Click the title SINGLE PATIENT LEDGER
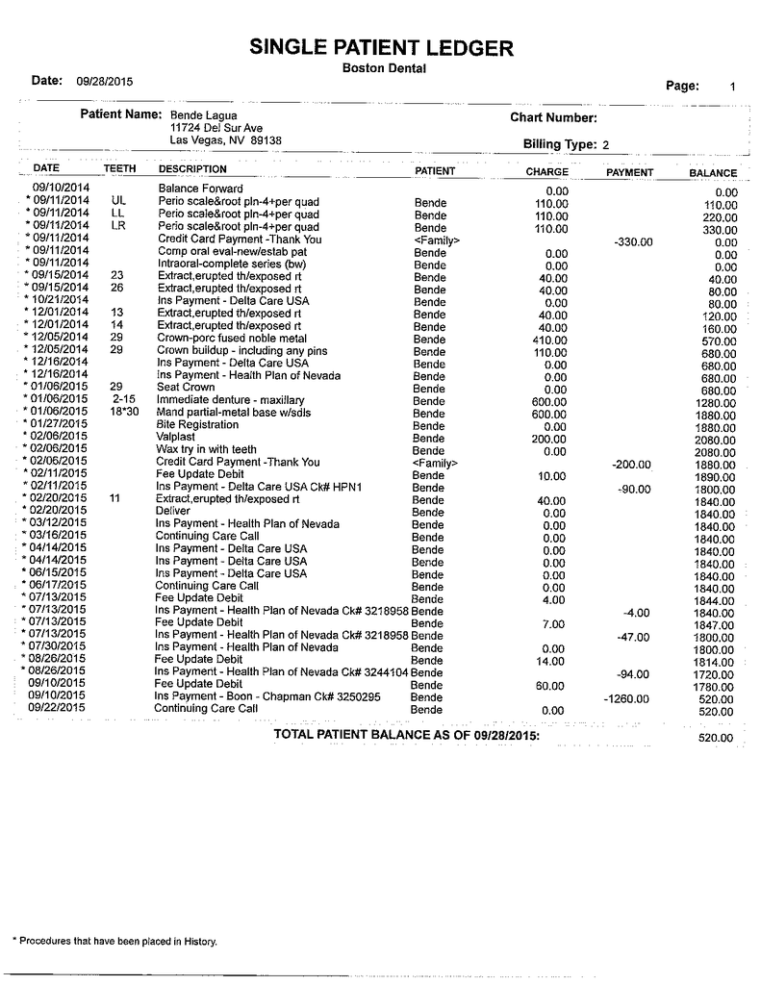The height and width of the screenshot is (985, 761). (381, 47)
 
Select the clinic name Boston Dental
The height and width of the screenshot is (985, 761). (384, 68)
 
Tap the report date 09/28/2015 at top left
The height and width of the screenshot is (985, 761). (105, 82)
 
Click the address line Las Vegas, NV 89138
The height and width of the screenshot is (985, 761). (225, 140)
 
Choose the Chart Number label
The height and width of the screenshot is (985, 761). (554, 118)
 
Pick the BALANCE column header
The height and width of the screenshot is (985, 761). (713, 173)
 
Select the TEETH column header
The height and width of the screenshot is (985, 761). (119, 168)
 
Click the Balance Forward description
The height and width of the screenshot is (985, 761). (200, 189)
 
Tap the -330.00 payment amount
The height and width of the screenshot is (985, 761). (633, 241)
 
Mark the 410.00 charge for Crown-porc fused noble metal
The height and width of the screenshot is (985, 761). (551, 340)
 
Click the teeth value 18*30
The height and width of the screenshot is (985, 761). (123, 413)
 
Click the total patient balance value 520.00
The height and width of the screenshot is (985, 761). (715, 738)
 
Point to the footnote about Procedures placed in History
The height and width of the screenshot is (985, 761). (114, 941)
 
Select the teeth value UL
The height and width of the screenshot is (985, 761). (119, 201)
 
